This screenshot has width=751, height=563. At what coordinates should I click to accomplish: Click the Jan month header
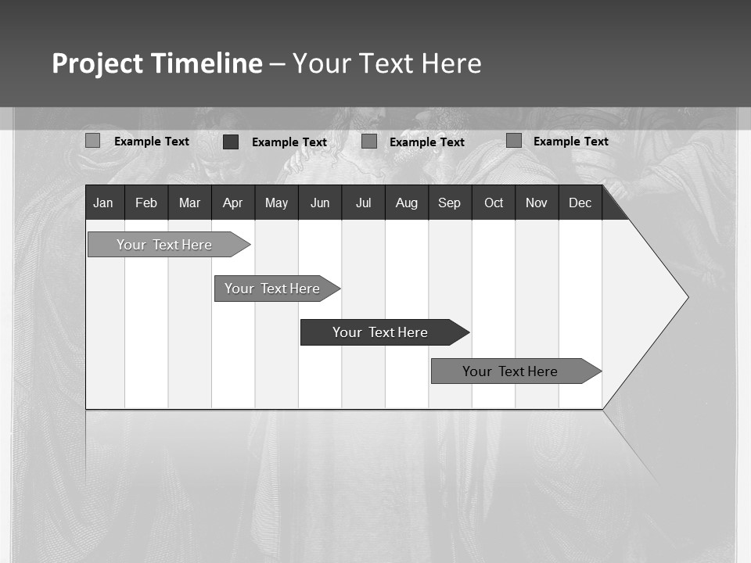tap(104, 203)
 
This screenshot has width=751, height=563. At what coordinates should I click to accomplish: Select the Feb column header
tap(146, 203)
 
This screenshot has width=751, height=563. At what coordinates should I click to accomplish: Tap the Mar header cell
tap(189, 203)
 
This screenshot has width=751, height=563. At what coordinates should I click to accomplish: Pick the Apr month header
tap(233, 203)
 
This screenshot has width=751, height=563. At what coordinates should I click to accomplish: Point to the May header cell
tap(276, 203)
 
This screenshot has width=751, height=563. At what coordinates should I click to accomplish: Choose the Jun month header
tap(320, 203)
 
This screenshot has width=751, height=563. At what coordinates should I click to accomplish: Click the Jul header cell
tap(363, 203)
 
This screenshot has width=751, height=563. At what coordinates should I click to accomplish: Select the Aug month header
tap(407, 203)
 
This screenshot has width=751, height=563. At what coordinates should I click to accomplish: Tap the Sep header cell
tap(450, 203)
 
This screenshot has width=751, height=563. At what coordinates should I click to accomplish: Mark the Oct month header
tap(494, 203)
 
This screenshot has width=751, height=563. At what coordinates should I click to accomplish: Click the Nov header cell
tap(537, 203)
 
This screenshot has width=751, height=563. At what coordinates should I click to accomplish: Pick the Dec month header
tap(580, 203)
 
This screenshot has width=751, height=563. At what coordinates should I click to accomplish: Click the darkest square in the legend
tap(231, 142)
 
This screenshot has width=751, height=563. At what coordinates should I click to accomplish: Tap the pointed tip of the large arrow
tap(686, 297)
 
